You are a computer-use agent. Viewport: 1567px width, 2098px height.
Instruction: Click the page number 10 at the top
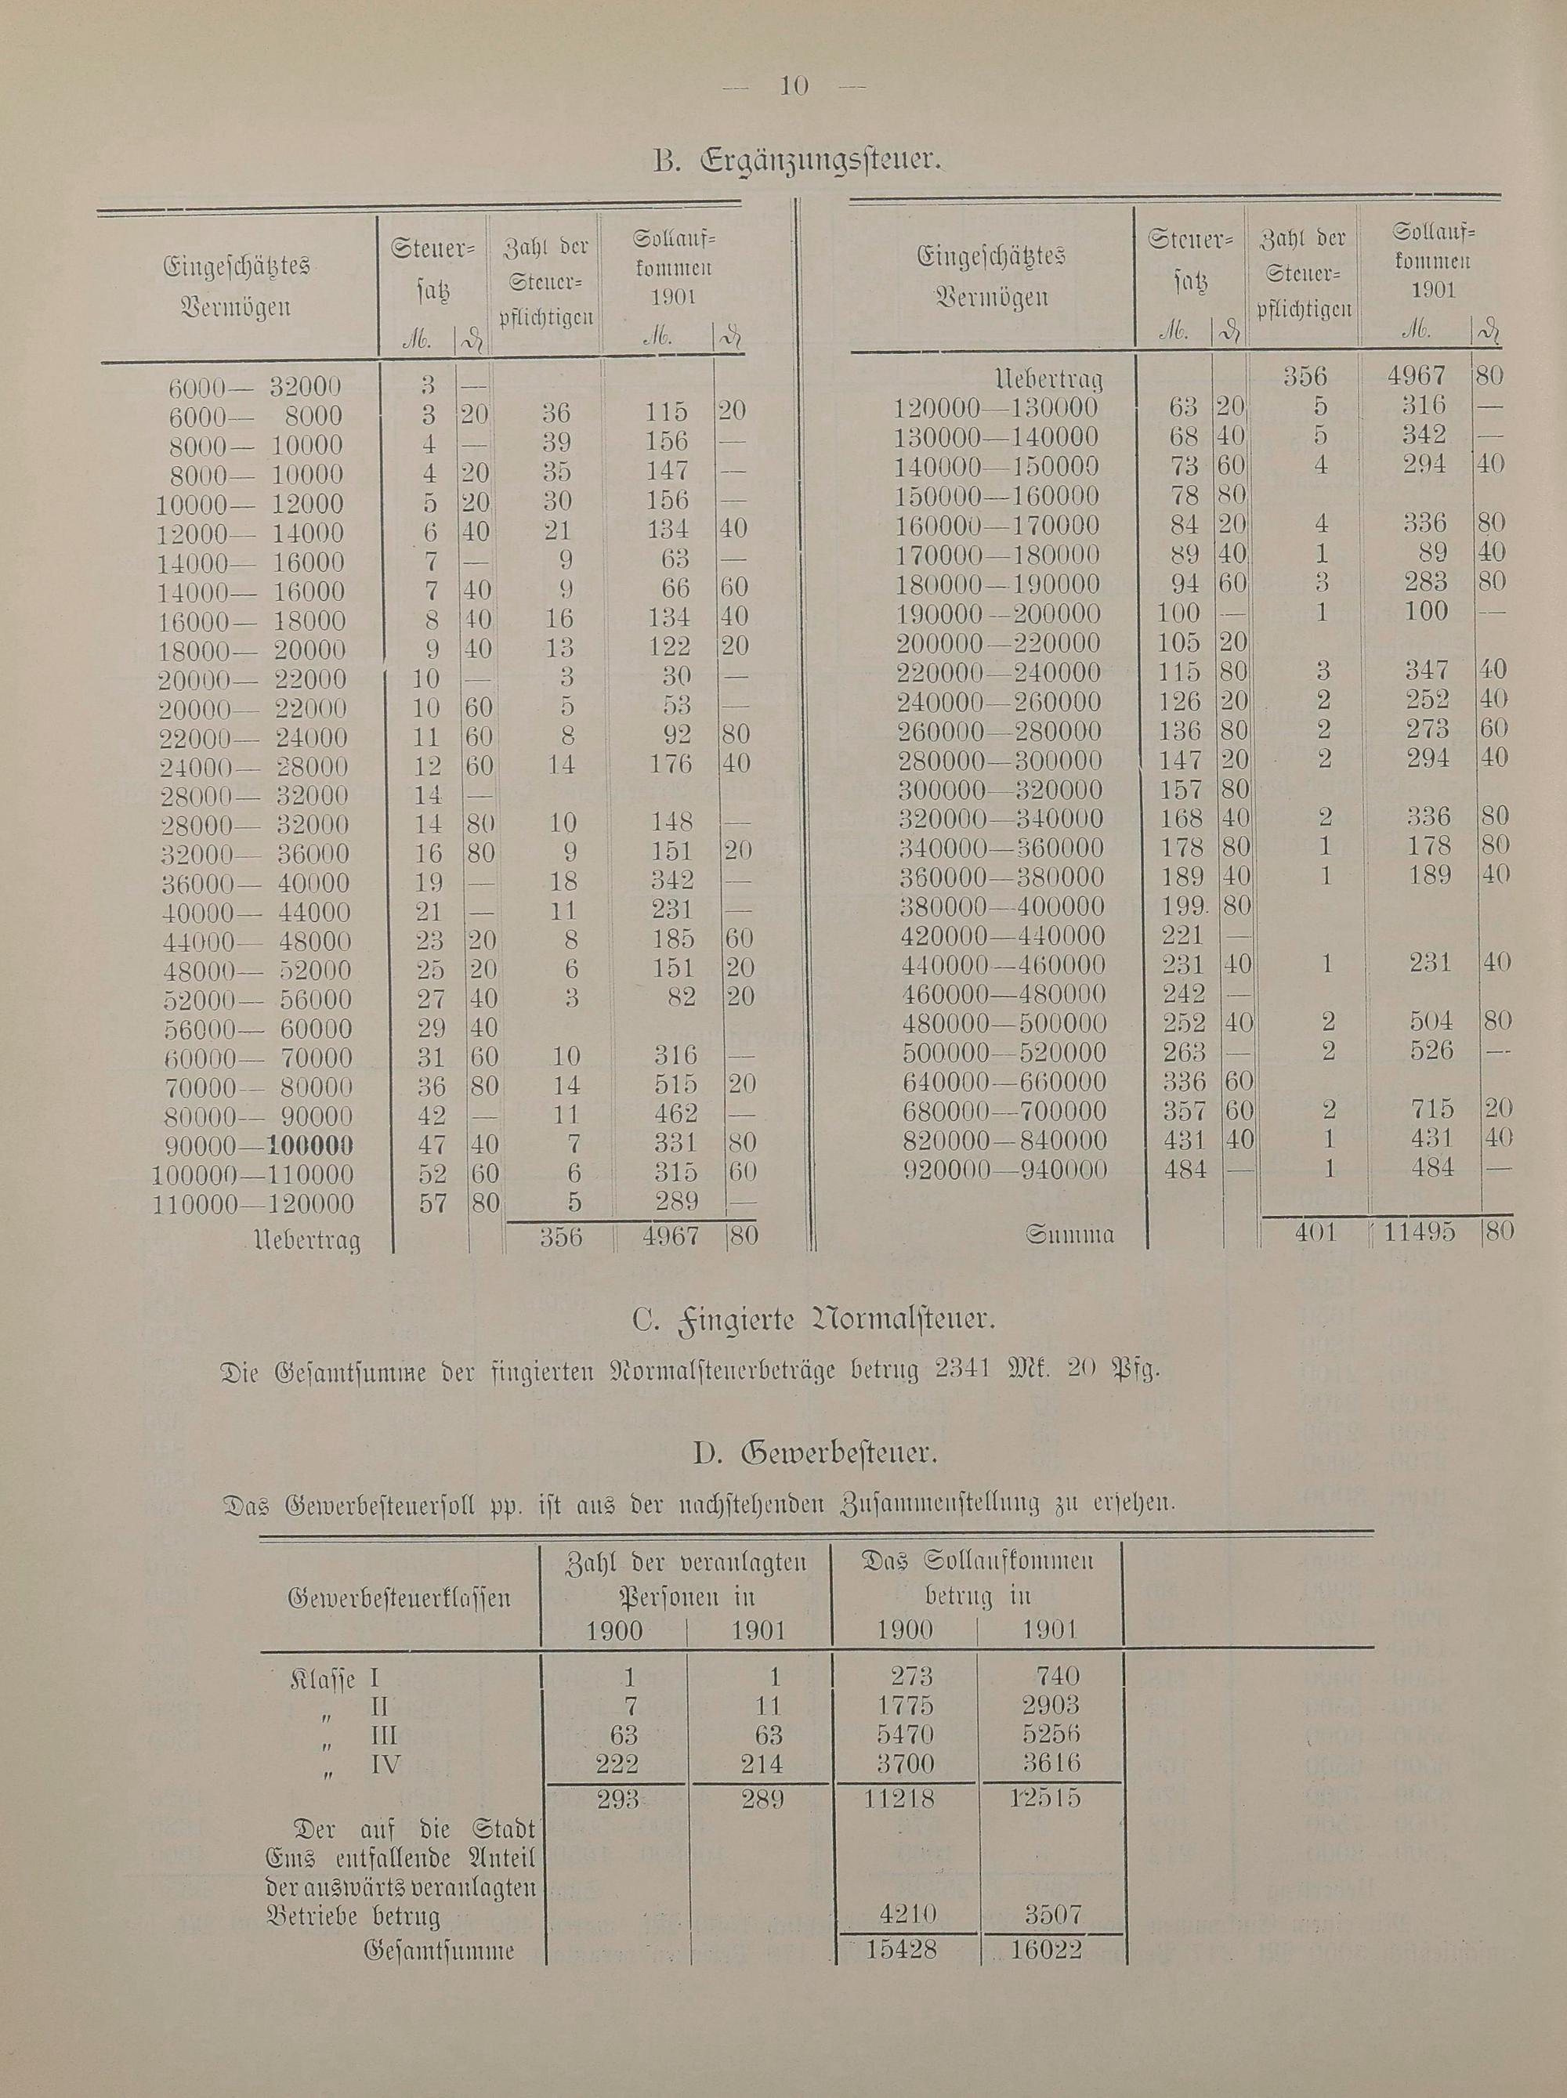tap(793, 86)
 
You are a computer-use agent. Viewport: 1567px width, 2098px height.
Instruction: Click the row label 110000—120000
tap(253, 1205)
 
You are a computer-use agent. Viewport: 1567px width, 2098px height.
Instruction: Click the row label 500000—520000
tap(1001, 1053)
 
